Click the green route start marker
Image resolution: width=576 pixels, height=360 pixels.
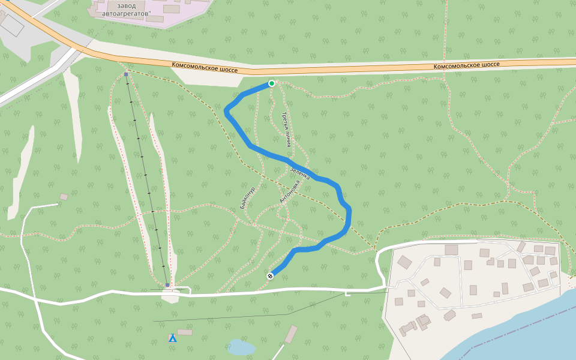tap(272, 83)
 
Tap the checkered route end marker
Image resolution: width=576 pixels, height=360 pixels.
tap(271, 276)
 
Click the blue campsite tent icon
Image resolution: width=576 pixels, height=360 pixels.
tap(173, 338)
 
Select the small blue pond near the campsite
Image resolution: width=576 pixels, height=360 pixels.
tap(241, 347)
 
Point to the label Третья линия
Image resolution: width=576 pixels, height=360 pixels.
tap(287, 130)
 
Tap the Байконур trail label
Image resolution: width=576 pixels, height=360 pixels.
tap(247, 197)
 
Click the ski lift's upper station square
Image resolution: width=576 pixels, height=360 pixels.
tap(126, 74)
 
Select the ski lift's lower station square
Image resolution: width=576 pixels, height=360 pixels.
tap(167, 285)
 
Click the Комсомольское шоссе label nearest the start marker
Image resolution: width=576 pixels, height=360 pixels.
tap(205, 67)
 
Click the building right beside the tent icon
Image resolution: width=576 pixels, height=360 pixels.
tap(185, 332)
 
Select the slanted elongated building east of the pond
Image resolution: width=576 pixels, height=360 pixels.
tap(291, 334)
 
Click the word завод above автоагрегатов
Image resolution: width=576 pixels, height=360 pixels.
tap(127, 5)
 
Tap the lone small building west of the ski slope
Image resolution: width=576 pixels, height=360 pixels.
tap(64, 197)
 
